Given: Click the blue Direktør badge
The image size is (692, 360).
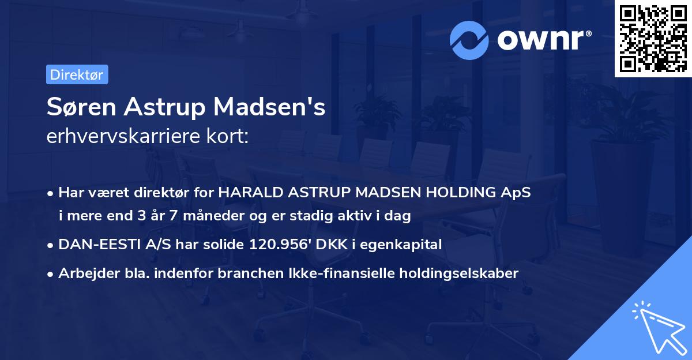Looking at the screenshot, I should pyautogui.click(x=77, y=74).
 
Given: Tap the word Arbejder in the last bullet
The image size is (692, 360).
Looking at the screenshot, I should pyautogui.click(x=85, y=273).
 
